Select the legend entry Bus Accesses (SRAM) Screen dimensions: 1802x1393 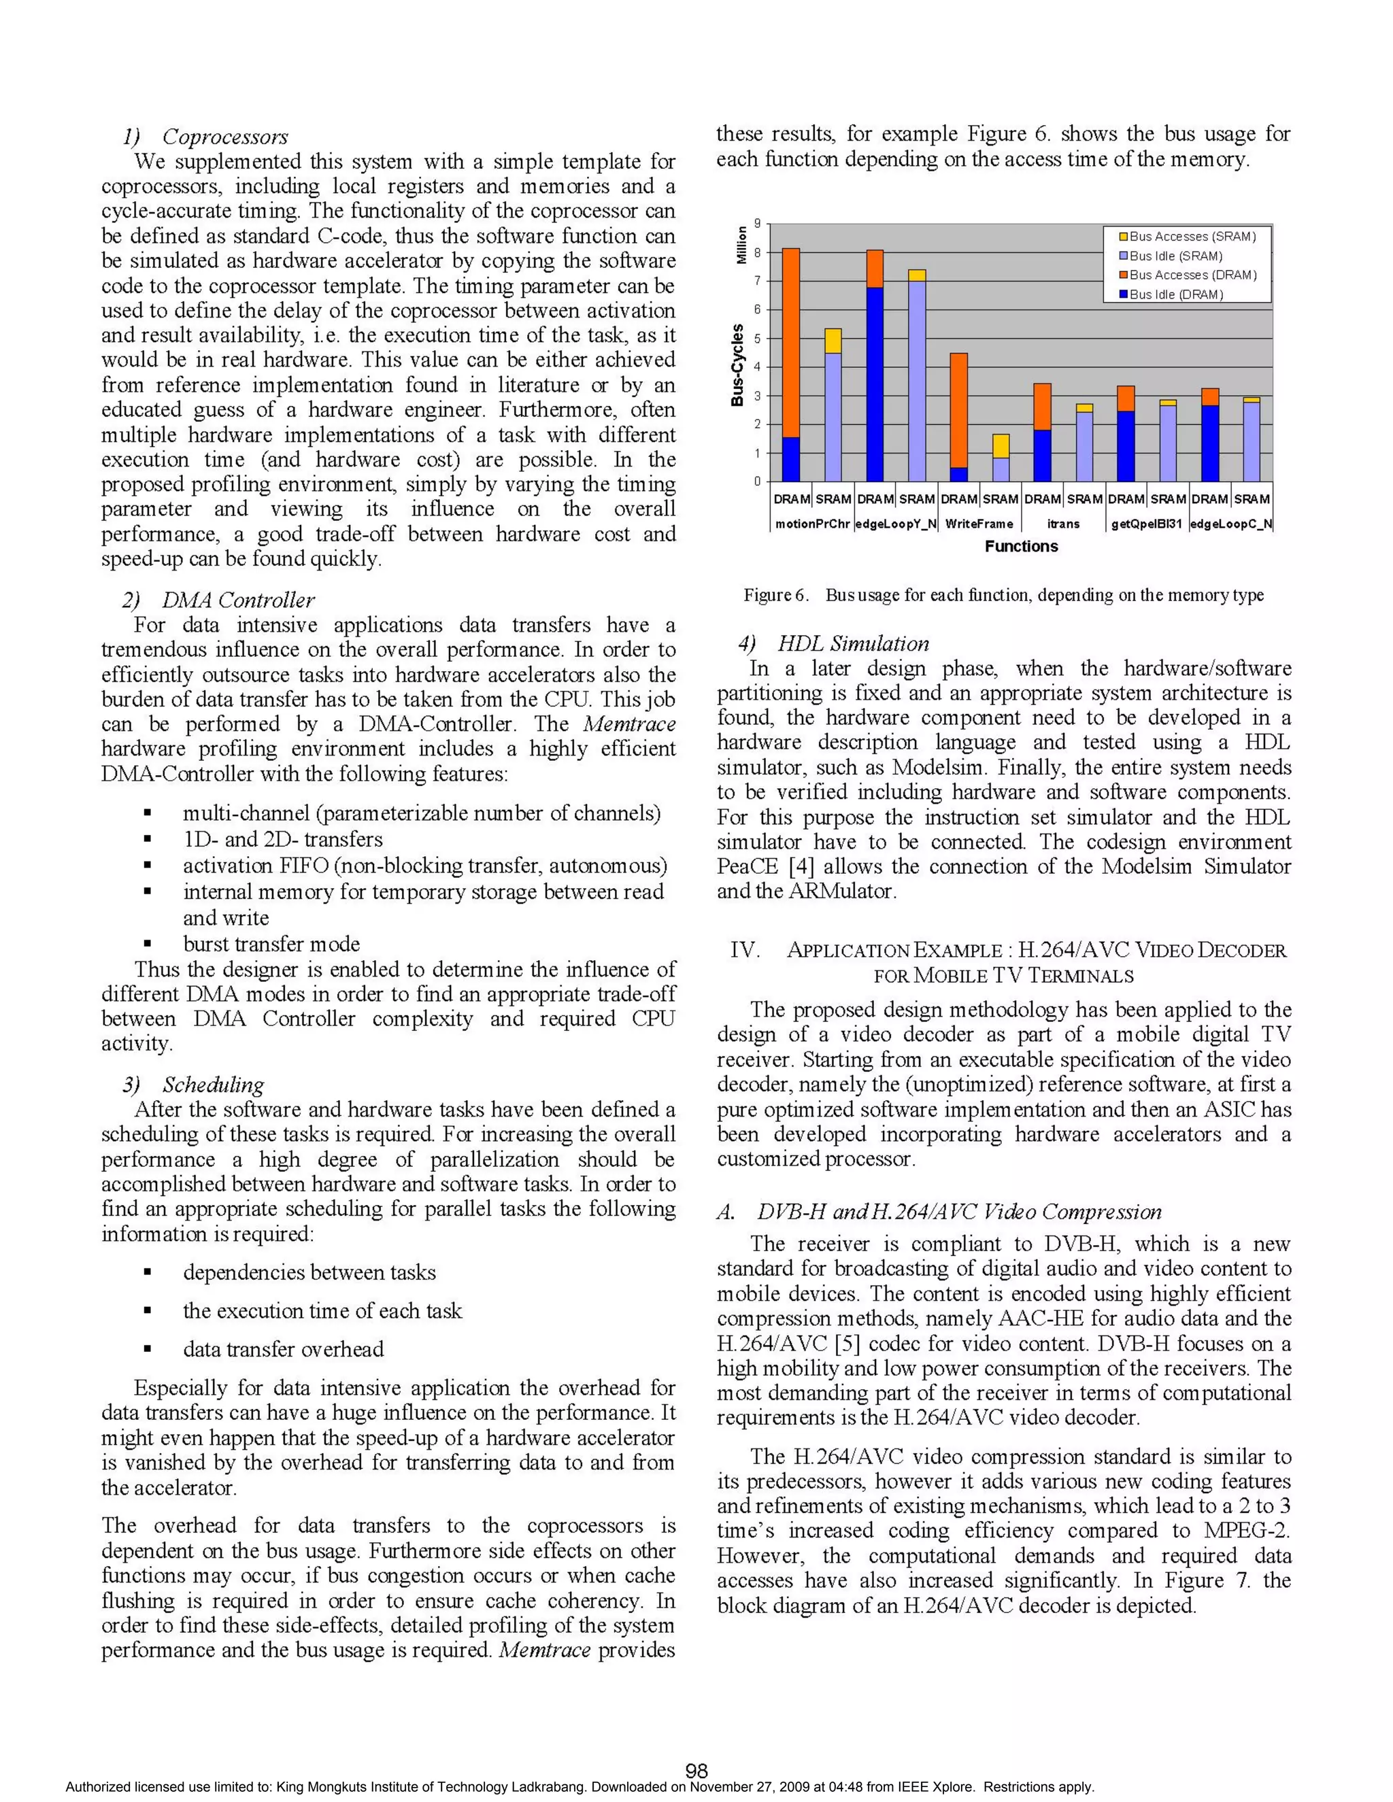coord(1192,237)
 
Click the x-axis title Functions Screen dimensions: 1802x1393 coord(1021,546)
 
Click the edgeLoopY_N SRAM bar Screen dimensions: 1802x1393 coord(916,379)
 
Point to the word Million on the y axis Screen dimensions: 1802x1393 coord(741,245)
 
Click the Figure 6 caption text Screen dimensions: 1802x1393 coord(1003,595)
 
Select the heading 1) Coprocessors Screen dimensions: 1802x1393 coord(205,137)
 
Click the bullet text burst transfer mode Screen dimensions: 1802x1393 coord(271,943)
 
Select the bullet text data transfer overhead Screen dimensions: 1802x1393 coord(283,1349)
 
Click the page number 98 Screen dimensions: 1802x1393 coord(696,1771)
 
